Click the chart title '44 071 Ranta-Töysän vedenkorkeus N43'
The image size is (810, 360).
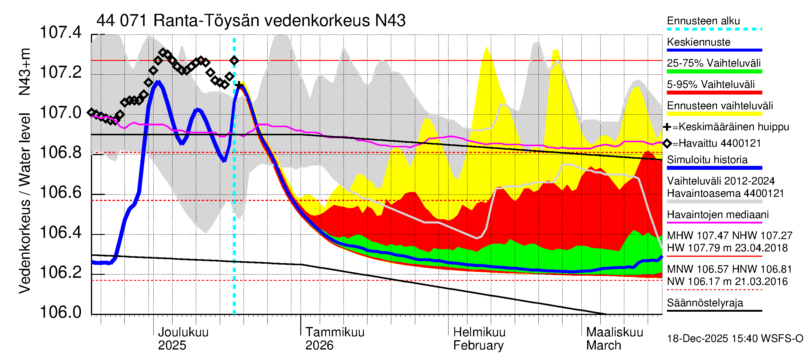(x=250, y=21)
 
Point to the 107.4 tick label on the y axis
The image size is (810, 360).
(x=61, y=32)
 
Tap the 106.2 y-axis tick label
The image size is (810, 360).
(x=61, y=272)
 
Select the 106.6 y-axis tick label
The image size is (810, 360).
(x=61, y=192)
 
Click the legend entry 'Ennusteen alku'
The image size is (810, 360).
(x=703, y=21)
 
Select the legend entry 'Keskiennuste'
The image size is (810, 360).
(x=698, y=42)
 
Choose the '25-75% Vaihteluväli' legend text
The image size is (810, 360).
(x=714, y=63)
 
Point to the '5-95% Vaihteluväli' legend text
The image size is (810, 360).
(x=711, y=84)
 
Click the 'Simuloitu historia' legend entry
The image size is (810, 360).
(x=707, y=160)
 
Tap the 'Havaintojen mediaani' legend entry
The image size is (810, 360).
(x=718, y=215)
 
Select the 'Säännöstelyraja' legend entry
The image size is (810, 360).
(x=705, y=303)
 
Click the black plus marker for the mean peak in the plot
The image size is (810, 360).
(x=239, y=85)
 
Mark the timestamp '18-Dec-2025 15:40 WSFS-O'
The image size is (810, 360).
(x=735, y=339)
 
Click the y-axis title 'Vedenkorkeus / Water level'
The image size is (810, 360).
(x=25, y=203)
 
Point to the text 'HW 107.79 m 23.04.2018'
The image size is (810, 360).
(x=727, y=248)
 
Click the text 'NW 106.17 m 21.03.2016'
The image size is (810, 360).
(x=727, y=281)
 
